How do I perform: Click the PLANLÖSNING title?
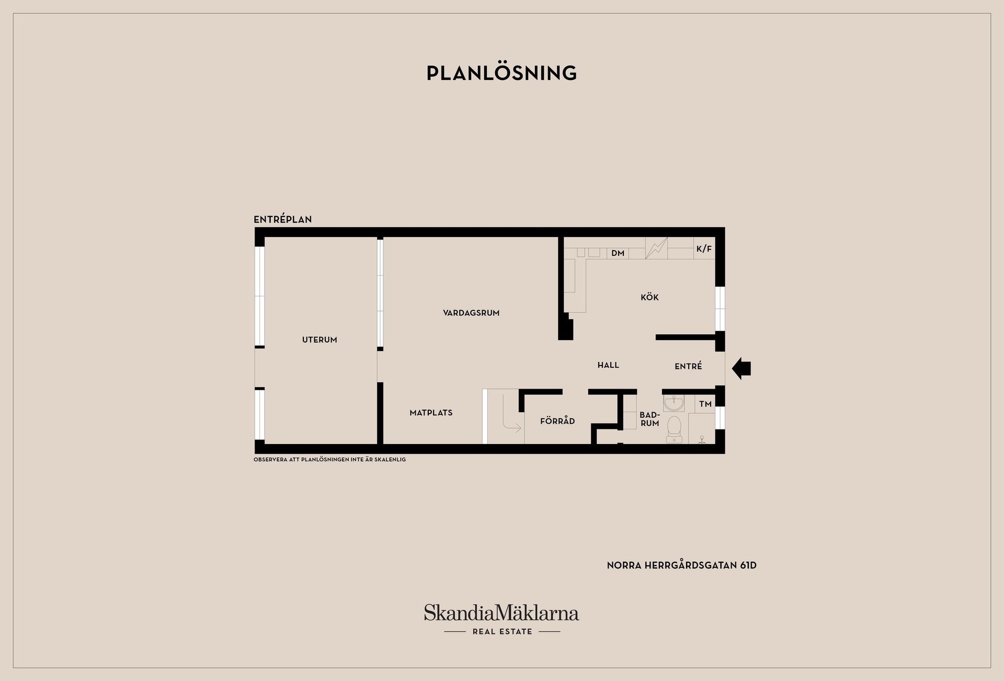click(x=501, y=73)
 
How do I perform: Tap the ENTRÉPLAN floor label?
click(x=282, y=219)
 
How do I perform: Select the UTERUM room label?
click(x=320, y=340)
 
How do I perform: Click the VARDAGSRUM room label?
click(x=471, y=313)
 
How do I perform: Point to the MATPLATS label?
click(x=431, y=413)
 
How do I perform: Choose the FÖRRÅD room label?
click(x=557, y=421)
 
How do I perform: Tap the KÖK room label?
click(x=649, y=297)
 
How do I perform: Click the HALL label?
click(x=608, y=365)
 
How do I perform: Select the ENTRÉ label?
click(x=688, y=366)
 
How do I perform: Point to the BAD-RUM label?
click(x=649, y=419)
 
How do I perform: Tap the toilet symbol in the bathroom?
click(x=674, y=429)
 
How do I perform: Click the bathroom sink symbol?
click(x=674, y=403)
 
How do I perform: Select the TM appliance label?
click(x=705, y=404)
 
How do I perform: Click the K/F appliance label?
click(x=704, y=249)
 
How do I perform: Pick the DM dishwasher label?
click(x=618, y=253)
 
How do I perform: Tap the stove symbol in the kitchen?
click(x=656, y=248)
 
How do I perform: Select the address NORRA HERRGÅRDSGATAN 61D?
click(x=682, y=565)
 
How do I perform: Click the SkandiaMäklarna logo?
click(x=501, y=619)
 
